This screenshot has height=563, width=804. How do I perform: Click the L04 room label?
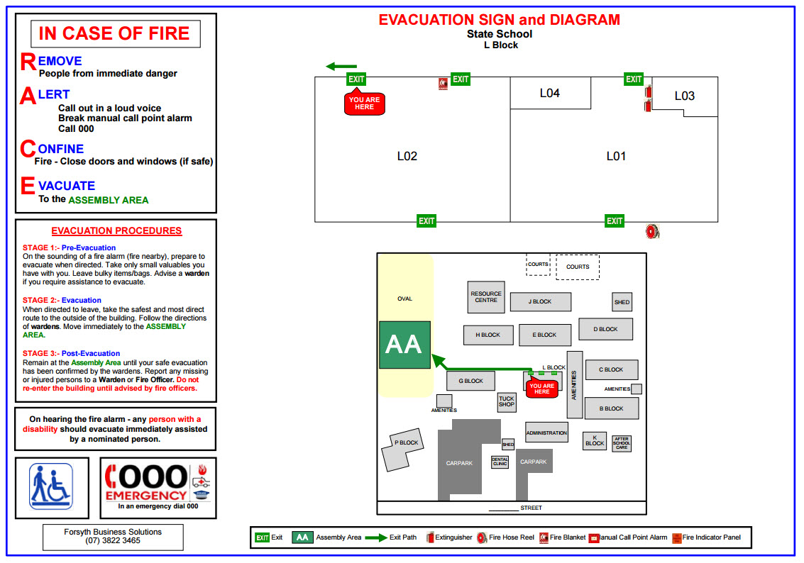tap(550, 93)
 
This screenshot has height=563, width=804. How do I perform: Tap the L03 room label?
tap(684, 96)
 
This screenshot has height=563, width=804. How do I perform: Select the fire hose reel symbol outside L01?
tap(653, 231)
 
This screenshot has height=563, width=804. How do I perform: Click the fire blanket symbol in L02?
tap(444, 84)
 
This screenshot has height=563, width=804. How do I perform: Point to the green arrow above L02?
tap(341, 67)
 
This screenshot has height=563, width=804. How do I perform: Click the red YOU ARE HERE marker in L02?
tap(365, 104)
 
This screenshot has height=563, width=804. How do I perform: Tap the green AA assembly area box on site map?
tap(404, 345)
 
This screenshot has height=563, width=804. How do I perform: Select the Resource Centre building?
tap(486, 297)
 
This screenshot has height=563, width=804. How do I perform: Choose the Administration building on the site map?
tap(546, 433)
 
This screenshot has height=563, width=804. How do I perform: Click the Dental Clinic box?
tap(500, 462)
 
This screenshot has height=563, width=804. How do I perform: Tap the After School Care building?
tap(622, 443)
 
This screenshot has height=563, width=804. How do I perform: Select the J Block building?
tap(540, 301)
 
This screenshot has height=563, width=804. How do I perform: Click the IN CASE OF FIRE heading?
tap(114, 33)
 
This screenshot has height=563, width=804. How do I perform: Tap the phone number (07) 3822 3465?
tap(113, 540)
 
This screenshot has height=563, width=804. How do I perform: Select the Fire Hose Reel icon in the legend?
tap(482, 537)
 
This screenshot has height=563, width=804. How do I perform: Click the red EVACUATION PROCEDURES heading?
tap(116, 230)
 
